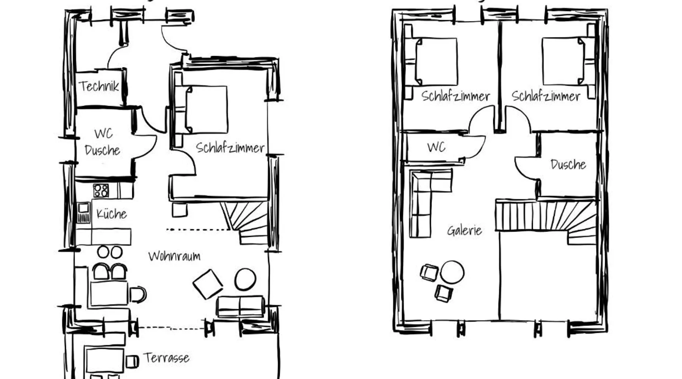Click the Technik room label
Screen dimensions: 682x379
(99, 86)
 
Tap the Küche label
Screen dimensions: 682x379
(111, 214)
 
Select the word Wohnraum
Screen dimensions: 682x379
(174, 256)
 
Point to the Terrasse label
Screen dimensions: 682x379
(166, 358)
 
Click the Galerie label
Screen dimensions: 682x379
(465, 230)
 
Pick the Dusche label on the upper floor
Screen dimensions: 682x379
(568, 164)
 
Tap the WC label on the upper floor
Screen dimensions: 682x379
(436, 147)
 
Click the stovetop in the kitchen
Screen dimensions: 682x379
(101, 191)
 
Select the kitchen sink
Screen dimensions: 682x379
(83, 213)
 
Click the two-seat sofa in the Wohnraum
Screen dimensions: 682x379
(240, 307)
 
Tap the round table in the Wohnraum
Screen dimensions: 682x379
(245, 279)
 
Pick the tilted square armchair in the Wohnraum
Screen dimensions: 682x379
(208, 284)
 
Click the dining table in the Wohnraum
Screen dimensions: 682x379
(109, 293)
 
